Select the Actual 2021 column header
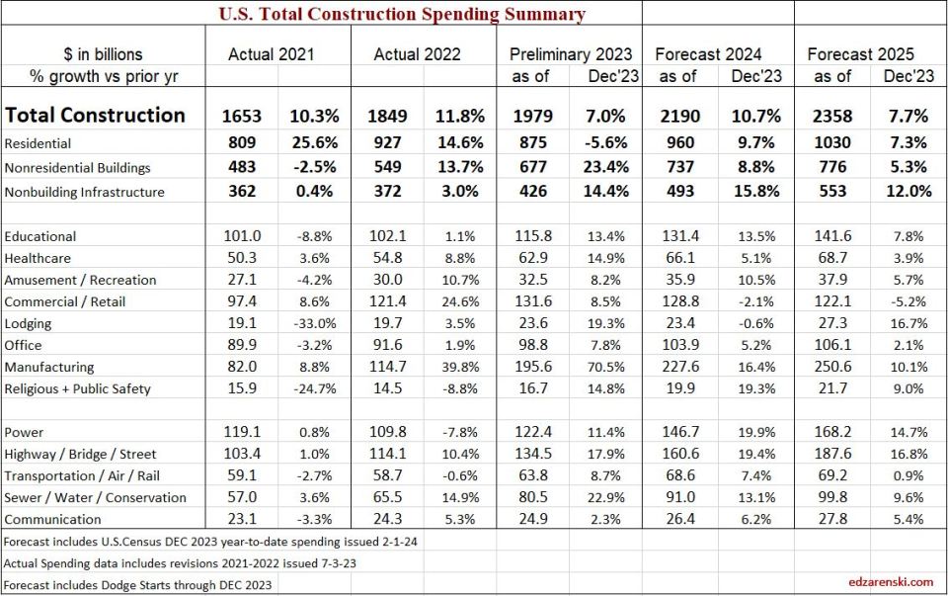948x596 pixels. tap(271, 54)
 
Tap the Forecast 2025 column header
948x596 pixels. tap(860, 54)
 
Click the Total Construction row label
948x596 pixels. tap(95, 115)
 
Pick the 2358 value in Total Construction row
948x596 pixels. tap(832, 115)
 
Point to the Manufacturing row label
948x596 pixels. tap(48, 367)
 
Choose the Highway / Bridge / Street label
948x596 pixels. tap(81, 454)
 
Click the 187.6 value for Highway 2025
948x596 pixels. tap(832, 454)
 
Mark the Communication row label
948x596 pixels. tap(52, 519)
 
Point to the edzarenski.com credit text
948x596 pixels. tap(889, 582)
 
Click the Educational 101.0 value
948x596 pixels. tap(243, 236)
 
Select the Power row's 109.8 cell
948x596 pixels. tap(387, 432)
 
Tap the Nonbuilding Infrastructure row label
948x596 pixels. tap(84, 192)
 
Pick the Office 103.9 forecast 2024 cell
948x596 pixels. tap(684, 345)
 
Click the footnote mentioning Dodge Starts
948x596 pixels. tap(137, 584)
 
